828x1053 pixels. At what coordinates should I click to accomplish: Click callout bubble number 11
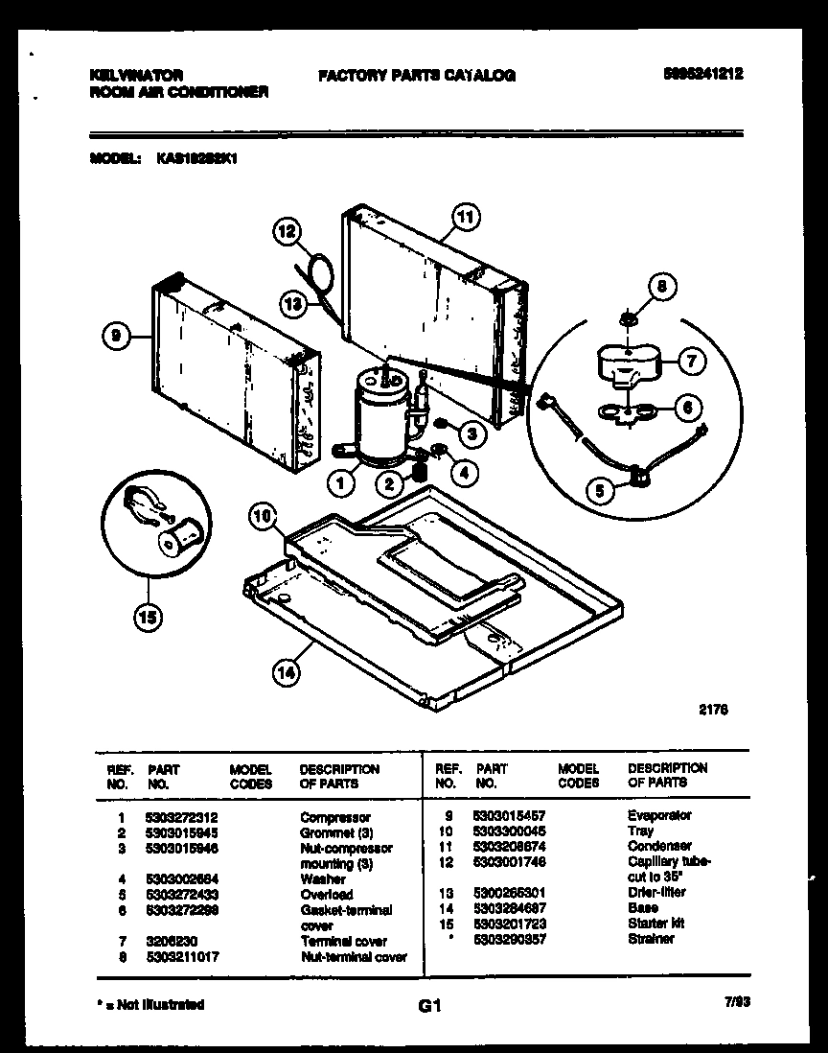coord(465,218)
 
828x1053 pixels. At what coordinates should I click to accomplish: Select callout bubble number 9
coord(115,336)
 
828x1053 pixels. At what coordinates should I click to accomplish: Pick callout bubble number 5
coord(601,492)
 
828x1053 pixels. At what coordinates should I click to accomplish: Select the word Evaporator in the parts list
coord(659,815)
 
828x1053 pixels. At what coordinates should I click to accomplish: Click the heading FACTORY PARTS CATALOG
coord(416,76)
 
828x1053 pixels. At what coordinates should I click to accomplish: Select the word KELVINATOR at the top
coord(135,75)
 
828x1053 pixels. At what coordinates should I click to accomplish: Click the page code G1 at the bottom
coord(427,1007)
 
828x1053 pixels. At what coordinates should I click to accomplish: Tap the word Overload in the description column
coord(326,894)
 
